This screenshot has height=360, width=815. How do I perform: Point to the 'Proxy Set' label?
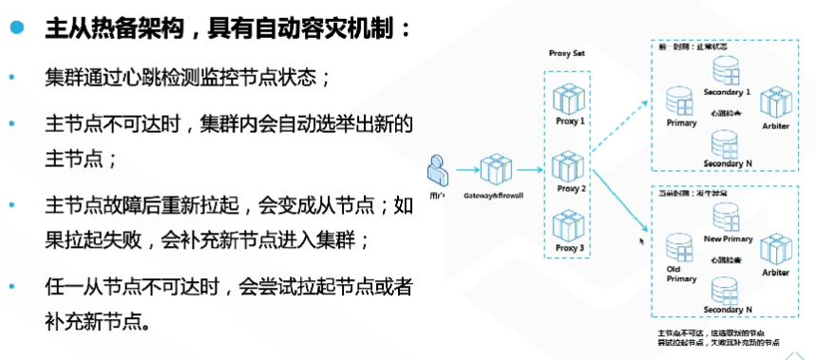click(x=567, y=54)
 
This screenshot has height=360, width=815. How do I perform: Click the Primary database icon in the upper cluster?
click(x=679, y=101)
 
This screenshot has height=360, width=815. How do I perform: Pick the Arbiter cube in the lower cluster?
click(x=775, y=249)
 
